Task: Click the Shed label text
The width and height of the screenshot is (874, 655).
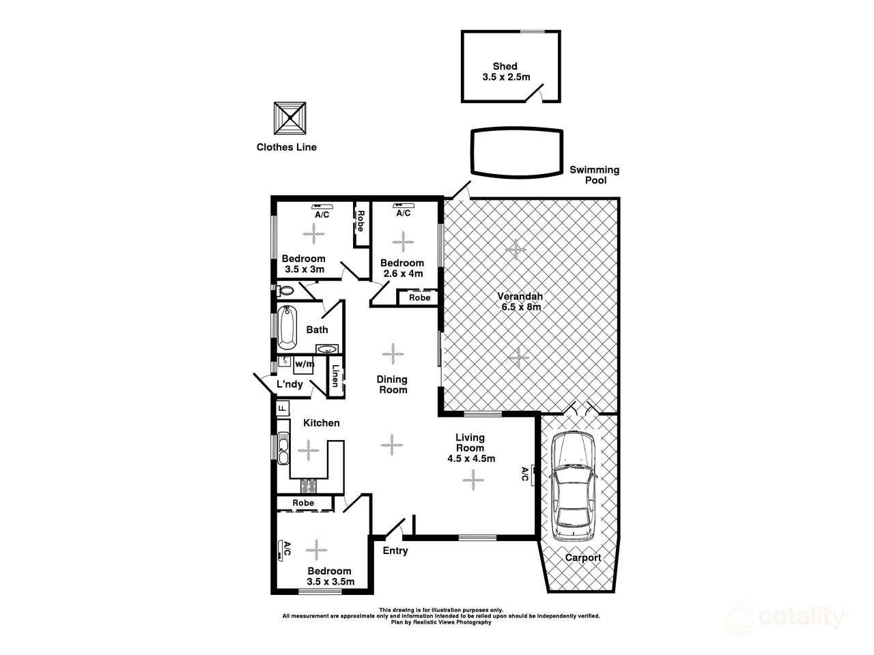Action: [x=505, y=66]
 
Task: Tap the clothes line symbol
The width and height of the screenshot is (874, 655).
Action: [x=290, y=119]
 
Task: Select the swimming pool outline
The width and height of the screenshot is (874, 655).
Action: [x=518, y=152]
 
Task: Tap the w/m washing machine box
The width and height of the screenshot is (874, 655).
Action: [x=304, y=364]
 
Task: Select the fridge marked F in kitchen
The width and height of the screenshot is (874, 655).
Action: [x=281, y=408]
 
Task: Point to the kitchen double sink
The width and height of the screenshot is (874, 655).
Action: [x=283, y=448]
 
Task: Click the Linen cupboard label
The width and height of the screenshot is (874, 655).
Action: [x=335, y=377]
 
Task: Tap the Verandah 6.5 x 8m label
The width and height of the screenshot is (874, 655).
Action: [x=519, y=302]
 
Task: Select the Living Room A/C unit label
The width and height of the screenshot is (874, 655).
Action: [x=526, y=474]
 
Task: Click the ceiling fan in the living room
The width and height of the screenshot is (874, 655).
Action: [x=473, y=481]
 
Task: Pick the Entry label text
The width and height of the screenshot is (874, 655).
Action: [x=395, y=551]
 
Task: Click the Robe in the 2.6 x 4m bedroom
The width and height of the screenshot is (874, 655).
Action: [x=419, y=297]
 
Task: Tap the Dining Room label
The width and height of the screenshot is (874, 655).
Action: [x=393, y=384]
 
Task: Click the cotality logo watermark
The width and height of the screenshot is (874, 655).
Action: [x=786, y=617]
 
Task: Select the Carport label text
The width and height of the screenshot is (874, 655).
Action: [x=582, y=557]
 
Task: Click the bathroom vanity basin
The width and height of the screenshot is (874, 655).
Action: [x=328, y=350]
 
